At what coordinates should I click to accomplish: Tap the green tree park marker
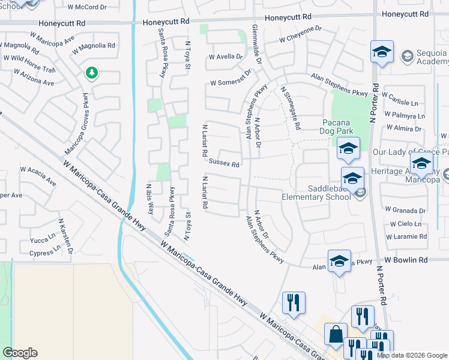(x=91, y=74)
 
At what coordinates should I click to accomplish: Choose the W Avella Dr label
(x=225, y=57)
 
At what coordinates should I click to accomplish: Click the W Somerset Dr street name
(x=229, y=83)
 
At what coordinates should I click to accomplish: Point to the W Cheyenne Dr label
(x=300, y=37)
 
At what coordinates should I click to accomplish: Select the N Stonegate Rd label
(x=290, y=108)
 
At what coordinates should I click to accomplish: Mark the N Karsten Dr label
(x=65, y=235)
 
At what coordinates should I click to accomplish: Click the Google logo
(x=20, y=352)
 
